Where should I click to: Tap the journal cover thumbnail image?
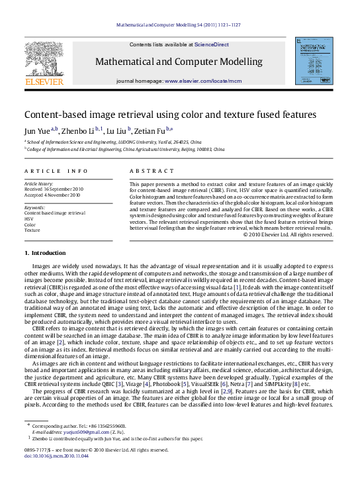(313, 61)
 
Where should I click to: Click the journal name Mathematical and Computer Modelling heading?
(179, 62)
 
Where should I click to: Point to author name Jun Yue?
(36, 131)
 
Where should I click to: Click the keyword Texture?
(32, 230)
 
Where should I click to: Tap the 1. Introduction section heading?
(45, 253)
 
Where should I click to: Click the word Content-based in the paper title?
(56, 115)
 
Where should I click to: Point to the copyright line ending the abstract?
(287, 234)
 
